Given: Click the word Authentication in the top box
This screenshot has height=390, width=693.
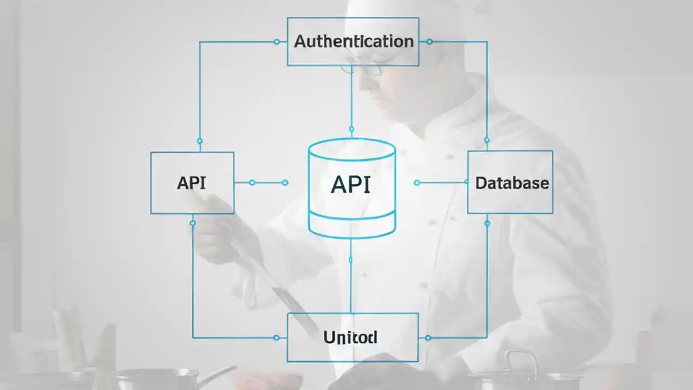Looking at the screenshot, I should point(353,41).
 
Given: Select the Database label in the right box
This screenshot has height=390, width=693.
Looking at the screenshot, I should point(512,183).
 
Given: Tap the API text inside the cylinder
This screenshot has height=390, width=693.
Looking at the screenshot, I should point(350,185).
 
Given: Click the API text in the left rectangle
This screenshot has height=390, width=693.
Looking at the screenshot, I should point(191,183).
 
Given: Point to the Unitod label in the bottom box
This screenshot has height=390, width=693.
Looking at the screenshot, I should point(350,337).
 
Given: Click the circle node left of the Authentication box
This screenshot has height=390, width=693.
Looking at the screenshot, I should point(277,42).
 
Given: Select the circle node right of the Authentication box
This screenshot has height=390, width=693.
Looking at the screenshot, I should point(429,42).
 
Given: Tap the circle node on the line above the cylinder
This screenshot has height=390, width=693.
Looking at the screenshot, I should point(351,129).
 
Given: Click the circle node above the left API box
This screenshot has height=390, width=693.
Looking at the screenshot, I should point(200,141).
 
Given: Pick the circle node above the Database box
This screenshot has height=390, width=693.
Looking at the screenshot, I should point(487,140).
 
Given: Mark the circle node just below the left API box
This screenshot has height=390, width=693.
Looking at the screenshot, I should point(193,223).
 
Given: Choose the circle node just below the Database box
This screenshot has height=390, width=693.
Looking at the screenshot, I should point(487,223).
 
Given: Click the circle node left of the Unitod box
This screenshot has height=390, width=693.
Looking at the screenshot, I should point(277,338).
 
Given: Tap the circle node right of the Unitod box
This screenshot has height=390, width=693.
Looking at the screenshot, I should point(428,338).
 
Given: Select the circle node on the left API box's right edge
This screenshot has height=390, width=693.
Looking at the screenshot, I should point(252,183).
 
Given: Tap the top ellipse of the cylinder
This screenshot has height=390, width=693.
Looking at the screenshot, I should point(351,149).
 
